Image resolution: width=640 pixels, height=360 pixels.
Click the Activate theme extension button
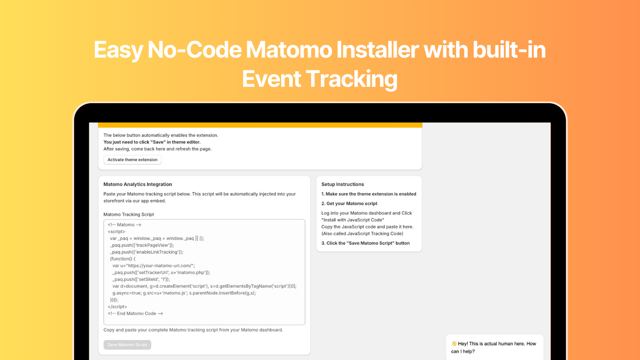[132, 160]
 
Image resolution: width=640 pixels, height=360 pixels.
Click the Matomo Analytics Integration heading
[138, 184]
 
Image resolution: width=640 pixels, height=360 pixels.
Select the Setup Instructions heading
[342, 184]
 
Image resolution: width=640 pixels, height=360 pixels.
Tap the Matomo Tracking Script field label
[128, 214]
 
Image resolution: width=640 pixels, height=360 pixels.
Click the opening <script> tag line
[116, 232]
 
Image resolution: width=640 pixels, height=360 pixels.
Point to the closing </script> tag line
[117, 307]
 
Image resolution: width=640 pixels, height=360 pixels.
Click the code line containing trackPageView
[142, 245]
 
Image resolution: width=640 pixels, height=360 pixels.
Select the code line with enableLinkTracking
[146, 252]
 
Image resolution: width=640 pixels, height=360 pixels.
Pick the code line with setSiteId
[141, 279]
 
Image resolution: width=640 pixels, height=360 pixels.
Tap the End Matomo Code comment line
[135, 314]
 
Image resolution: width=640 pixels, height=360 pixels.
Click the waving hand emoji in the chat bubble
[454, 344]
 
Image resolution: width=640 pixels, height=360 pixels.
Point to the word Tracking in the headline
[352, 79]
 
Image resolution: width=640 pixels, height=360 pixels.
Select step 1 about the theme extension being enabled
[368, 194]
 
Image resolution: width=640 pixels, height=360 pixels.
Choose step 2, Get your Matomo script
[349, 204]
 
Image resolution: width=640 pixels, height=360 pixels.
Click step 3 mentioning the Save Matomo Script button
[365, 243]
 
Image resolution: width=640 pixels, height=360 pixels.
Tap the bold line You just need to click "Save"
[152, 142]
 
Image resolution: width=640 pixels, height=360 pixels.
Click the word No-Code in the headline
[194, 50]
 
